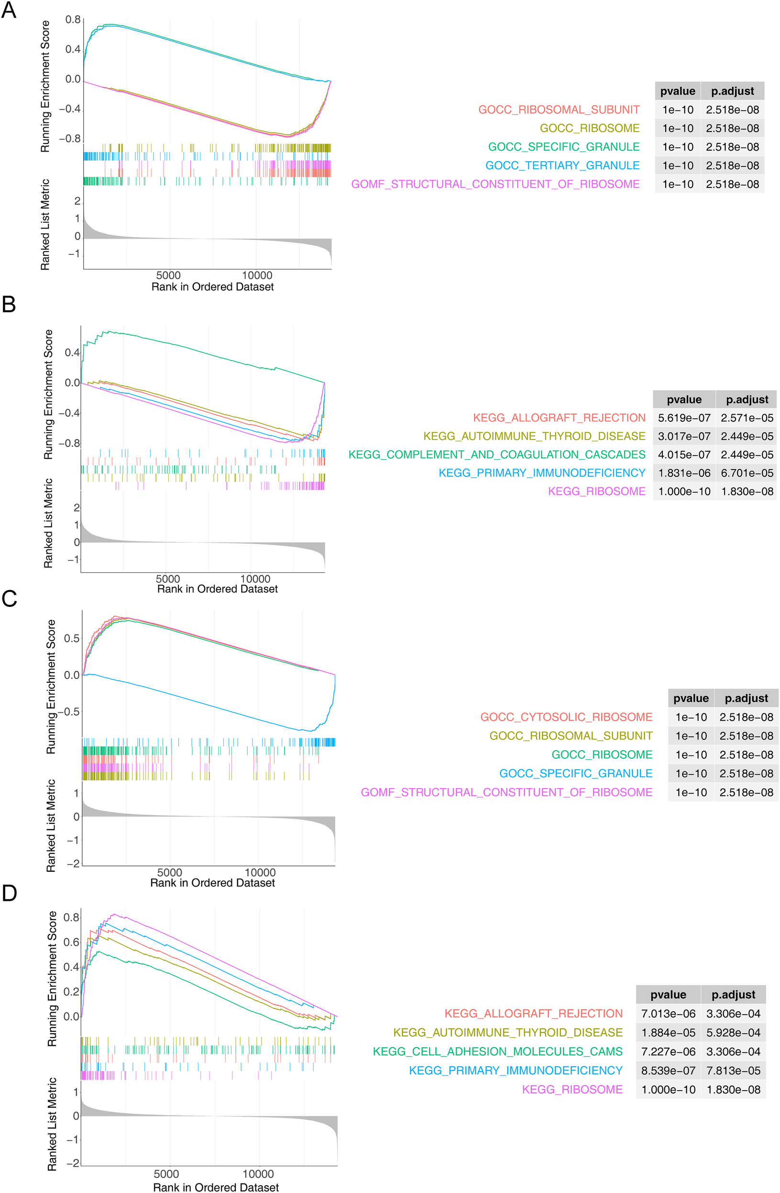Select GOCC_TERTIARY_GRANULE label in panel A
(x=562, y=165)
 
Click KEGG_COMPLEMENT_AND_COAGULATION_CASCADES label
(x=496, y=455)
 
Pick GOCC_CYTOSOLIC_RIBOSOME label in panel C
(x=566, y=717)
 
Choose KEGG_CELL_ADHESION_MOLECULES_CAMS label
(x=497, y=1051)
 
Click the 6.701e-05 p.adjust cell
(x=747, y=473)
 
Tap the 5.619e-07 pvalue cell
(x=684, y=417)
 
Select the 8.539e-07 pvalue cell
(x=668, y=1071)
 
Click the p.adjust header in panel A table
(x=732, y=91)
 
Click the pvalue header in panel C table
(x=690, y=698)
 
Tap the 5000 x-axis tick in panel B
(x=167, y=579)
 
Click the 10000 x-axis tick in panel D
(x=258, y=1174)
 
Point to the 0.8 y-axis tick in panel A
(x=73, y=20)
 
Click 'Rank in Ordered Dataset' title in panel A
(x=212, y=287)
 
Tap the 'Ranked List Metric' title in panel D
(x=52, y=1124)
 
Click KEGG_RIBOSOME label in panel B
(x=596, y=491)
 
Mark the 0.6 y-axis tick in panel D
(x=71, y=942)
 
